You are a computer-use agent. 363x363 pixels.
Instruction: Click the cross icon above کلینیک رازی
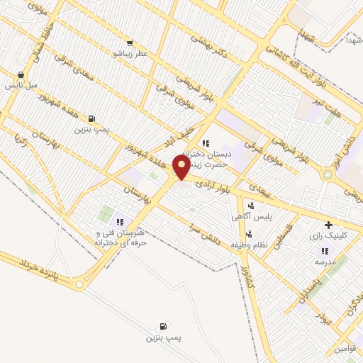[x=328, y=225]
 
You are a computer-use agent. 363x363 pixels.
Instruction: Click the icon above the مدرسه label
[x=324, y=250]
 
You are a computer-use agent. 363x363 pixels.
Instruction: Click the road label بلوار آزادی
[x=213, y=184]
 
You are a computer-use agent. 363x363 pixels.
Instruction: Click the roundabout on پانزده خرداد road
[x=79, y=286]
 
